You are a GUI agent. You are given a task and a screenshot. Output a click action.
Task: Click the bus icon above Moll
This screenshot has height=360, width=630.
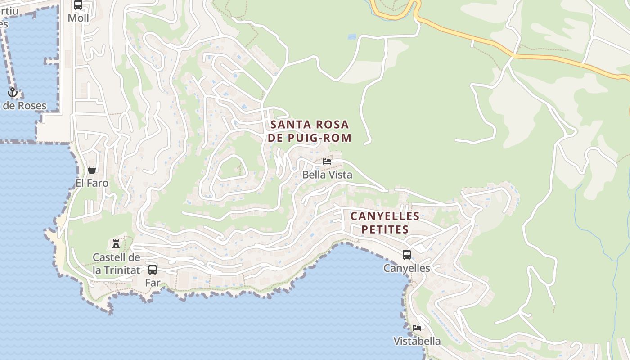click(78, 5)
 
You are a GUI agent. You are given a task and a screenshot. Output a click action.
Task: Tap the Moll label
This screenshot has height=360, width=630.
click(78, 18)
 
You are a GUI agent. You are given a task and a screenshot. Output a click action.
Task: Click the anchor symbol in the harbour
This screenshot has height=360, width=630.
click(13, 93)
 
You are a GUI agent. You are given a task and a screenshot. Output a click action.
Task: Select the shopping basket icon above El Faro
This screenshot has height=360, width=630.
click(92, 170)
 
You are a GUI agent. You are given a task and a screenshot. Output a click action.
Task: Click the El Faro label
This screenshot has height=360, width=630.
click(92, 183)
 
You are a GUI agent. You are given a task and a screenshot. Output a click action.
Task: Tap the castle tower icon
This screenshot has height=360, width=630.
click(116, 244)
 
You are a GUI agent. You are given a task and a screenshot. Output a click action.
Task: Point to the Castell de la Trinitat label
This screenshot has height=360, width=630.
click(116, 264)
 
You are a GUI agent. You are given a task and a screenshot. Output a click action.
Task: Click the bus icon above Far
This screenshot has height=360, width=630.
click(153, 270)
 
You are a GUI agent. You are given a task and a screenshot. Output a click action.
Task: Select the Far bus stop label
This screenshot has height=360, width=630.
click(153, 283)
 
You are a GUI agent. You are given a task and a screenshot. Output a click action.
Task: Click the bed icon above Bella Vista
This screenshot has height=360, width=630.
click(327, 161)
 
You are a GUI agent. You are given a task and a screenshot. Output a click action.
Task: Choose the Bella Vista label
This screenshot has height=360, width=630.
click(327, 175)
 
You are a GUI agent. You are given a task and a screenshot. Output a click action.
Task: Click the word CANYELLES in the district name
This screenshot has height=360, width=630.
click(385, 216)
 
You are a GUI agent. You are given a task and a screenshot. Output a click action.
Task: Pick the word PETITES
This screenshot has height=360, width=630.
click(385, 229)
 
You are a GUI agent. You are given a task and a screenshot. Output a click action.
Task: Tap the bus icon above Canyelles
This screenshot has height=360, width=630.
click(407, 255)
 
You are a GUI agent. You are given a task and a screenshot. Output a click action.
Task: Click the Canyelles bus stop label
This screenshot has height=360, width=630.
click(407, 268)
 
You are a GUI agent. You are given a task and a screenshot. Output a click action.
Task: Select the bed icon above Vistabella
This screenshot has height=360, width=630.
click(417, 328)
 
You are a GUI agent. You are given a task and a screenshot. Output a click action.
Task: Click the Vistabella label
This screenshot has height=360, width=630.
click(417, 341)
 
